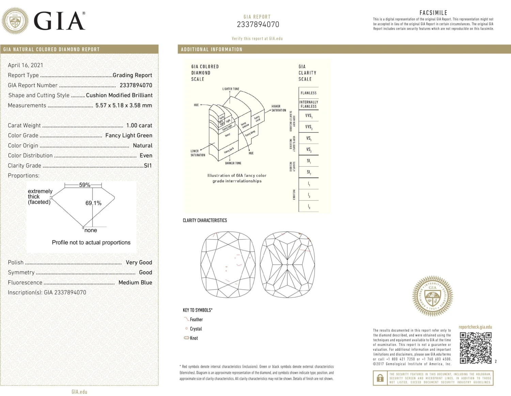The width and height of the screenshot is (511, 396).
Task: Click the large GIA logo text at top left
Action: pyautogui.click(x=60, y=21)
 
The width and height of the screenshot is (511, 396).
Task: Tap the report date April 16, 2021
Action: pyautogui.click(x=26, y=65)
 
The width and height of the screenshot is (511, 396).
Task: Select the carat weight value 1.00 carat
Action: pyautogui.click(x=139, y=125)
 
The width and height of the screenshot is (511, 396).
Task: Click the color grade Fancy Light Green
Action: pyautogui.click(x=129, y=135)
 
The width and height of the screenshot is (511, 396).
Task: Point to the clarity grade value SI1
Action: pyautogui.click(x=148, y=165)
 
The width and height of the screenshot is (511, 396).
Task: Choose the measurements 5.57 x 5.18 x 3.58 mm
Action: pyautogui.click(x=124, y=105)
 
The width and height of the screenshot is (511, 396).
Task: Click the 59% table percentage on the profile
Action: pyautogui.click(x=84, y=185)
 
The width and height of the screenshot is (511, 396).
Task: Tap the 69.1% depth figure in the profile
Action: pyautogui.click(x=93, y=203)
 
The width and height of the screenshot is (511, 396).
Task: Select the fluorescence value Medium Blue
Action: pyautogui.click(x=135, y=282)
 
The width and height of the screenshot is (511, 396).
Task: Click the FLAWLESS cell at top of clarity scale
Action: pyautogui.click(x=309, y=93)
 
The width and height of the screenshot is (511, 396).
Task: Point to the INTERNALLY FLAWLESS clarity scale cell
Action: pyautogui.click(x=309, y=104)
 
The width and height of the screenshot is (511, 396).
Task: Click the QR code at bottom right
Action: pyautogui.click(x=476, y=348)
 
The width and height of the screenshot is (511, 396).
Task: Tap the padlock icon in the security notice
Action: pyautogui.click(x=379, y=378)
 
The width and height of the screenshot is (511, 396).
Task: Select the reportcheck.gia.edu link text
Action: pyautogui.click(x=475, y=327)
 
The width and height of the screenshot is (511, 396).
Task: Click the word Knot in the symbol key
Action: pyautogui.click(x=194, y=338)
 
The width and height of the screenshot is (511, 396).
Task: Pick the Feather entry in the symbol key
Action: pyautogui.click(x=196, y=319)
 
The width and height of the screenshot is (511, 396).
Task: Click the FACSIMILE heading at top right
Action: pyautogui.click(x=433, y=13)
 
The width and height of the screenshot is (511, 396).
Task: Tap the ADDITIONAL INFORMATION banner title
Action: pyautogui.click(x=212, y=49)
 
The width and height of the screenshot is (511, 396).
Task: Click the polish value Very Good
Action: pyautogui.click(x=139, y=262)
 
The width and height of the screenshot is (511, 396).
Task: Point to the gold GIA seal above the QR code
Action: pyautogui.click(x=433, y=296)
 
